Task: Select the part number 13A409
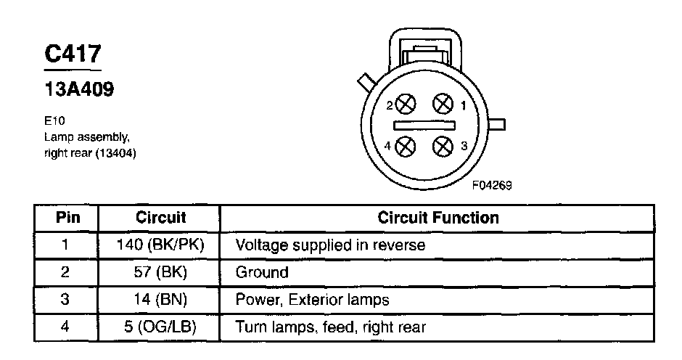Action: coord(79,90)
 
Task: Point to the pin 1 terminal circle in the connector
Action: coord(443,105)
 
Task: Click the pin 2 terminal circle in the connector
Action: coord(406,105)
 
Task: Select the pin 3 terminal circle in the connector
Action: coord(443,147)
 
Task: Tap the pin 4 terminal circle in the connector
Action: coord(406,147)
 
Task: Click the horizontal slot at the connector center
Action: coord(424,126)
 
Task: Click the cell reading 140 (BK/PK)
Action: coord(160,245)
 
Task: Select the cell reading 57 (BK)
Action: coord(160,273)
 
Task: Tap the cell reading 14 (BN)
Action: coord(160,300)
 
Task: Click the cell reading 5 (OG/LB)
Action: coord(160,327)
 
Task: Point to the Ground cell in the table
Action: coord(262,273)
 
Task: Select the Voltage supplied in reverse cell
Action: coord(330,245)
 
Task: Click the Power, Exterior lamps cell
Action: coord(313,300)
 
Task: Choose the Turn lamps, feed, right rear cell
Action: coord(330,327)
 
